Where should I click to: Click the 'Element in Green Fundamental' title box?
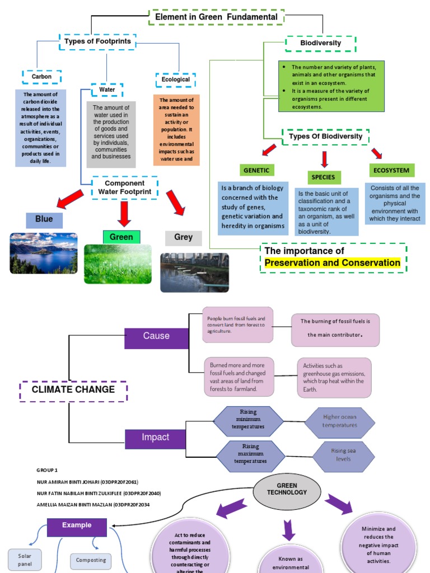coord(216,17)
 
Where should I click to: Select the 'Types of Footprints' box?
coord(98,42)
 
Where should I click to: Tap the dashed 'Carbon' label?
coord(41,77)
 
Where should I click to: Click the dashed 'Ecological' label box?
coord(175,80)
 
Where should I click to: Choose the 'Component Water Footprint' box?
coord(124,187)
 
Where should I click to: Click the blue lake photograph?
coord(44,253)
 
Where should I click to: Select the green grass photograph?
coord(118,264)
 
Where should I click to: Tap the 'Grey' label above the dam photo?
coord(183,237)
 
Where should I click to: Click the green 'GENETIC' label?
coord(256,170)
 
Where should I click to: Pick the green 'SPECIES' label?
coord(323,177)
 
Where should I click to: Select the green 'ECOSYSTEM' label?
coord(392,170)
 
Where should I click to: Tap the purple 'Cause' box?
coord(156,336)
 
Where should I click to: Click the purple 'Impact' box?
coord(155,438)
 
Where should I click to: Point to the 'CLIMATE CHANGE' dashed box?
coord(73,390)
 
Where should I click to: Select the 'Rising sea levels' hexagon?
coord(343,455)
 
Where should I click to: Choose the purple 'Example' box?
coord(77,526)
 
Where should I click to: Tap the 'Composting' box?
coord(91,560)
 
